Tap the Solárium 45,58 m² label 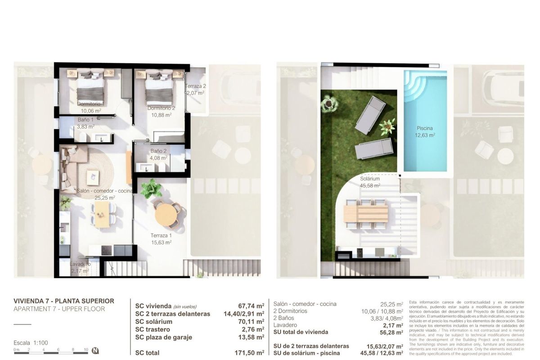(370, 182)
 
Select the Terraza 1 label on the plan (161, 238)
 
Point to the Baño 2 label (158, 154)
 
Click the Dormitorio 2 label (161, 111)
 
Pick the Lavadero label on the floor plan (80, 267)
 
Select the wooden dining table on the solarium (365, 212)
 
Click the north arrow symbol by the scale (95, 350)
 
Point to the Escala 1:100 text (31, 342)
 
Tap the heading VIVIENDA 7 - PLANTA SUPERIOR (64, 301)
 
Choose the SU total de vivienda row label (301, 332)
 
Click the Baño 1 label (85, 123)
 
